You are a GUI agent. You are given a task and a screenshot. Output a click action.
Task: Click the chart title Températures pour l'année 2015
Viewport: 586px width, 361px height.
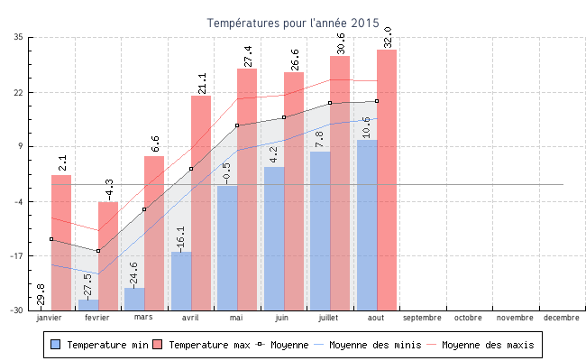click(293, 23)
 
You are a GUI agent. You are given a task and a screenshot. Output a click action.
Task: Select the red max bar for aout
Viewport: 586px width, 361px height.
click(387, 180)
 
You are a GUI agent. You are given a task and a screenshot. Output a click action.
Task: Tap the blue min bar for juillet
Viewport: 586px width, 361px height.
click(320, 230)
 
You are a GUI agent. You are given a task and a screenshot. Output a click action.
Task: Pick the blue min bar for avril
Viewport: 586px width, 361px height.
click(181, 281)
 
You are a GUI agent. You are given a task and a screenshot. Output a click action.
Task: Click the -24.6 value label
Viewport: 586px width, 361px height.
click(135, 273)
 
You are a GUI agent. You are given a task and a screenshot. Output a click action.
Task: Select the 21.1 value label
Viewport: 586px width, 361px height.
click(202, 83)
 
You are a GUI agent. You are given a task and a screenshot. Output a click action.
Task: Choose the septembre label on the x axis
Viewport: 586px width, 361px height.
click(423, 318)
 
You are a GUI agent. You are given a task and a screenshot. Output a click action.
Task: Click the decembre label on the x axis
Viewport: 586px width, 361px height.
click(562, 318)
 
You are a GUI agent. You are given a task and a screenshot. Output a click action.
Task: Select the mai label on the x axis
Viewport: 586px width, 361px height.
click(236, 318)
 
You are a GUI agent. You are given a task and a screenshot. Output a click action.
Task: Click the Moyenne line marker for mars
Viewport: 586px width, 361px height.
click(144, 209)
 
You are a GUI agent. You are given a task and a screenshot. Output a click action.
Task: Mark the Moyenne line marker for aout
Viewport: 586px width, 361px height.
click(377, 101)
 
